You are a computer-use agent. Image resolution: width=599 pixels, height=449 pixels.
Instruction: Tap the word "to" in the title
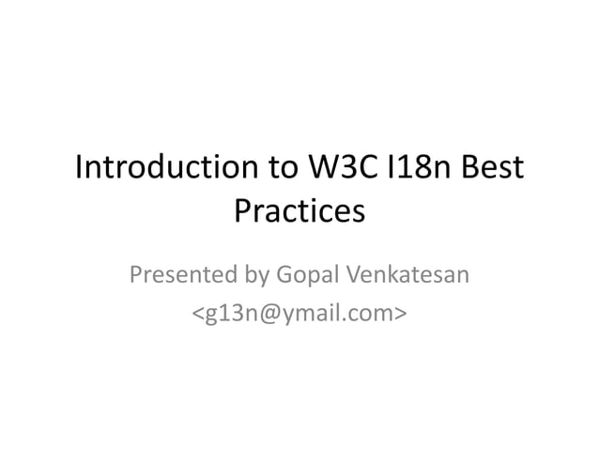coord(274,172)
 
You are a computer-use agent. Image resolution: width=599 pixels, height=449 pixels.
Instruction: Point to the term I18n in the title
coord(428,172)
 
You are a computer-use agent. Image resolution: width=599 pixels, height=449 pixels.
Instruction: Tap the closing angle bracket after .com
coord(401,313)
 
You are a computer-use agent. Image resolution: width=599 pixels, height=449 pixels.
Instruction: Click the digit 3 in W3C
coord(342,172)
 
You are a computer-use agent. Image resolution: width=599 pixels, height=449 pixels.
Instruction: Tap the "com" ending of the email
coord(372,312)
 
